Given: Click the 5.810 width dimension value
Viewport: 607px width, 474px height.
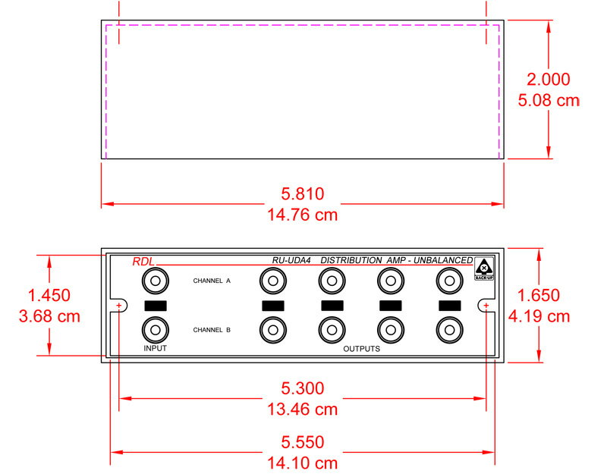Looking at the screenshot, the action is pos(302,194).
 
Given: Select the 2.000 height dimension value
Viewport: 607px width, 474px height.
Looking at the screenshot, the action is pos(548,80).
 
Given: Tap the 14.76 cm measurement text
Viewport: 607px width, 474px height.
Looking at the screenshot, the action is pos(302,215).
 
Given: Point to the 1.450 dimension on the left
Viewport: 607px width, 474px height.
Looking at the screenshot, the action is pos(49,296).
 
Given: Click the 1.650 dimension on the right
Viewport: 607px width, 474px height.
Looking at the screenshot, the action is pos(539,296).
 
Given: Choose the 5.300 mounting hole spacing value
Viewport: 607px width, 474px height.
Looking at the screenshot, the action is pos(302,388).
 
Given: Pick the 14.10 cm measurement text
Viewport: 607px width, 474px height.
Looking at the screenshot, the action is pos(302,463).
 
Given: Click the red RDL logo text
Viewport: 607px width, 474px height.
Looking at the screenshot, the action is pos(143,262).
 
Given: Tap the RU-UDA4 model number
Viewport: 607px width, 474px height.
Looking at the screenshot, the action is pos(291,260).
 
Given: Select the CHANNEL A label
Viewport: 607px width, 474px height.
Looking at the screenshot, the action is pos(212,281).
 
